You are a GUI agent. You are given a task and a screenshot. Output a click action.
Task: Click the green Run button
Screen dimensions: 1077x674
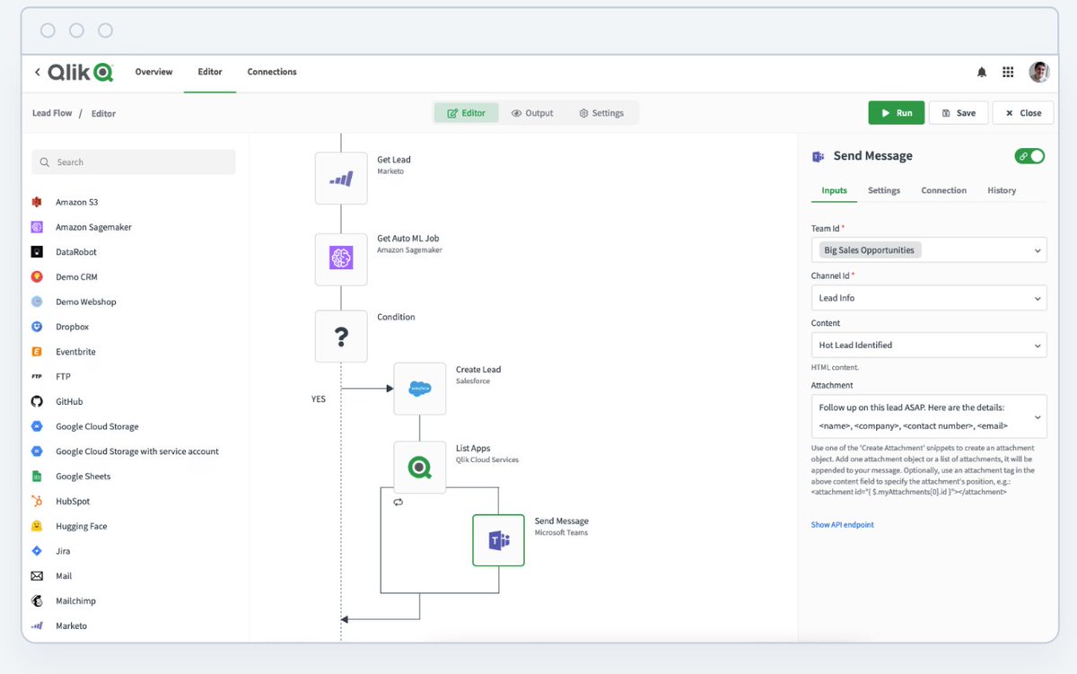(896, 113)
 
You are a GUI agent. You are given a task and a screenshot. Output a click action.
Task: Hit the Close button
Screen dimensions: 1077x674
(1022, 113)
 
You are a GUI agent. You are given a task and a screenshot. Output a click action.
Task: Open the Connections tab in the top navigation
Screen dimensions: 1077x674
(272, 72)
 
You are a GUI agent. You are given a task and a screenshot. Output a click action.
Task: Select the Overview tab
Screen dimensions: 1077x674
(153, 72)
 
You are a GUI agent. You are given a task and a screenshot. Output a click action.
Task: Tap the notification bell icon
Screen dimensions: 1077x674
(982, 72)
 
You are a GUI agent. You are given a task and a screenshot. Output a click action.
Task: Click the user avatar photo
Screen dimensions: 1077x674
(1038, 72)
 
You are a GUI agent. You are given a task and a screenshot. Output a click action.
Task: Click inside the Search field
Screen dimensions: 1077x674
(135, 162)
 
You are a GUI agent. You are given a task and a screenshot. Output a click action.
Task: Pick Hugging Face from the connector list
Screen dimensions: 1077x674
(81, 526)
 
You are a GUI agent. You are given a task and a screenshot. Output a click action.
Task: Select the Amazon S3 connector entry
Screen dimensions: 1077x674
(76, 202)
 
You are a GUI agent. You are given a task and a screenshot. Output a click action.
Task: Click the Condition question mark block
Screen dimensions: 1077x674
(341, 337)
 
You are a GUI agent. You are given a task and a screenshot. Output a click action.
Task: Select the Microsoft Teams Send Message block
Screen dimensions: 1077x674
(498, 540)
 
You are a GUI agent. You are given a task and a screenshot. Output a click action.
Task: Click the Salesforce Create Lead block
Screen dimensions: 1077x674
(420, 389)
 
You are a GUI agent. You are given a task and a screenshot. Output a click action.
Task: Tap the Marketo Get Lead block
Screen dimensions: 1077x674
(341, 179)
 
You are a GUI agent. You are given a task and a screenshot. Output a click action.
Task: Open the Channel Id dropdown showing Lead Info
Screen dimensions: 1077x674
(928, 298)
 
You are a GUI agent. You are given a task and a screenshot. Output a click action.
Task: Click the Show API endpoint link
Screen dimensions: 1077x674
(842, 525)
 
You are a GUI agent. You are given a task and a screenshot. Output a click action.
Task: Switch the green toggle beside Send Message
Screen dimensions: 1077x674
(1029, 156)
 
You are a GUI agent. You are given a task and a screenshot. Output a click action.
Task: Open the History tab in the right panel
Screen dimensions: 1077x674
(1002, 190)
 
